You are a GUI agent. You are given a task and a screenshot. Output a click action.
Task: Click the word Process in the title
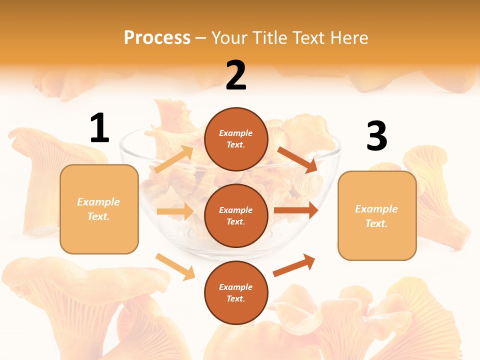[157, 37]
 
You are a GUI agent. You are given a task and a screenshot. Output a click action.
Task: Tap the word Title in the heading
[269, 37]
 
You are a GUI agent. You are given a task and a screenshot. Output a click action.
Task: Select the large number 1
[99, 128]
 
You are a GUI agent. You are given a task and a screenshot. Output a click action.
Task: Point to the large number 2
[236, 75]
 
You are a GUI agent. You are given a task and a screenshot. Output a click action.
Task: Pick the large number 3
[376, 136]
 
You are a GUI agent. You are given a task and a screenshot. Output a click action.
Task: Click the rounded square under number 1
[99, 209]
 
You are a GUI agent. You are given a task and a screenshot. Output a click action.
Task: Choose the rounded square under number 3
[377, 216]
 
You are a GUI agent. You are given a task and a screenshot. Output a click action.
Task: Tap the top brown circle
[236, 139]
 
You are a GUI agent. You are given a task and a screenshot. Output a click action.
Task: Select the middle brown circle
[236, 215]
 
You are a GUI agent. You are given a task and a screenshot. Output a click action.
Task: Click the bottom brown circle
[236, 292]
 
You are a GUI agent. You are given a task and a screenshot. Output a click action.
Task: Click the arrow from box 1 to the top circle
[174, 159]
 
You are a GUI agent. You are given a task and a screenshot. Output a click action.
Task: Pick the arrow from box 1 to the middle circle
[175, 211]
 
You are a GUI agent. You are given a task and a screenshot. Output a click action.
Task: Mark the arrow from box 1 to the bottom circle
[175, 266]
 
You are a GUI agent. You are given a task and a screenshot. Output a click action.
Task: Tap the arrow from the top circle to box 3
[297, 159]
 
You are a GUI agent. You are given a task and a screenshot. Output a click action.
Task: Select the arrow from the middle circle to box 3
[296, 210]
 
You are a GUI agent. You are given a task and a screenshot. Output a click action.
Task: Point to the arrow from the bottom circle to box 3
[294, 265]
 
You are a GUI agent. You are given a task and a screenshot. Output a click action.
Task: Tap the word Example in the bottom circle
[236, 287]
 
